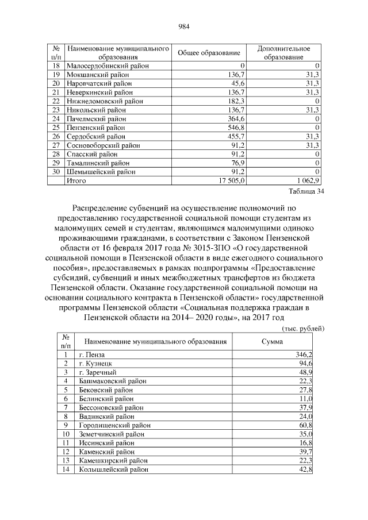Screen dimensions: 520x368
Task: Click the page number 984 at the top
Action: [184, 26]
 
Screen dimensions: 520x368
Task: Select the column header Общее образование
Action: [209, 53]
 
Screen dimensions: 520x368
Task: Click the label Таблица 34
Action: [305, 191]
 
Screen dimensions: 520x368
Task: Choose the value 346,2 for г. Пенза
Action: [303, 356]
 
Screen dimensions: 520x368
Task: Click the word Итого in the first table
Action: [77, 180]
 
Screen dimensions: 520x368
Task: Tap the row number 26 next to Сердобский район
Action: [56, 137]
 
